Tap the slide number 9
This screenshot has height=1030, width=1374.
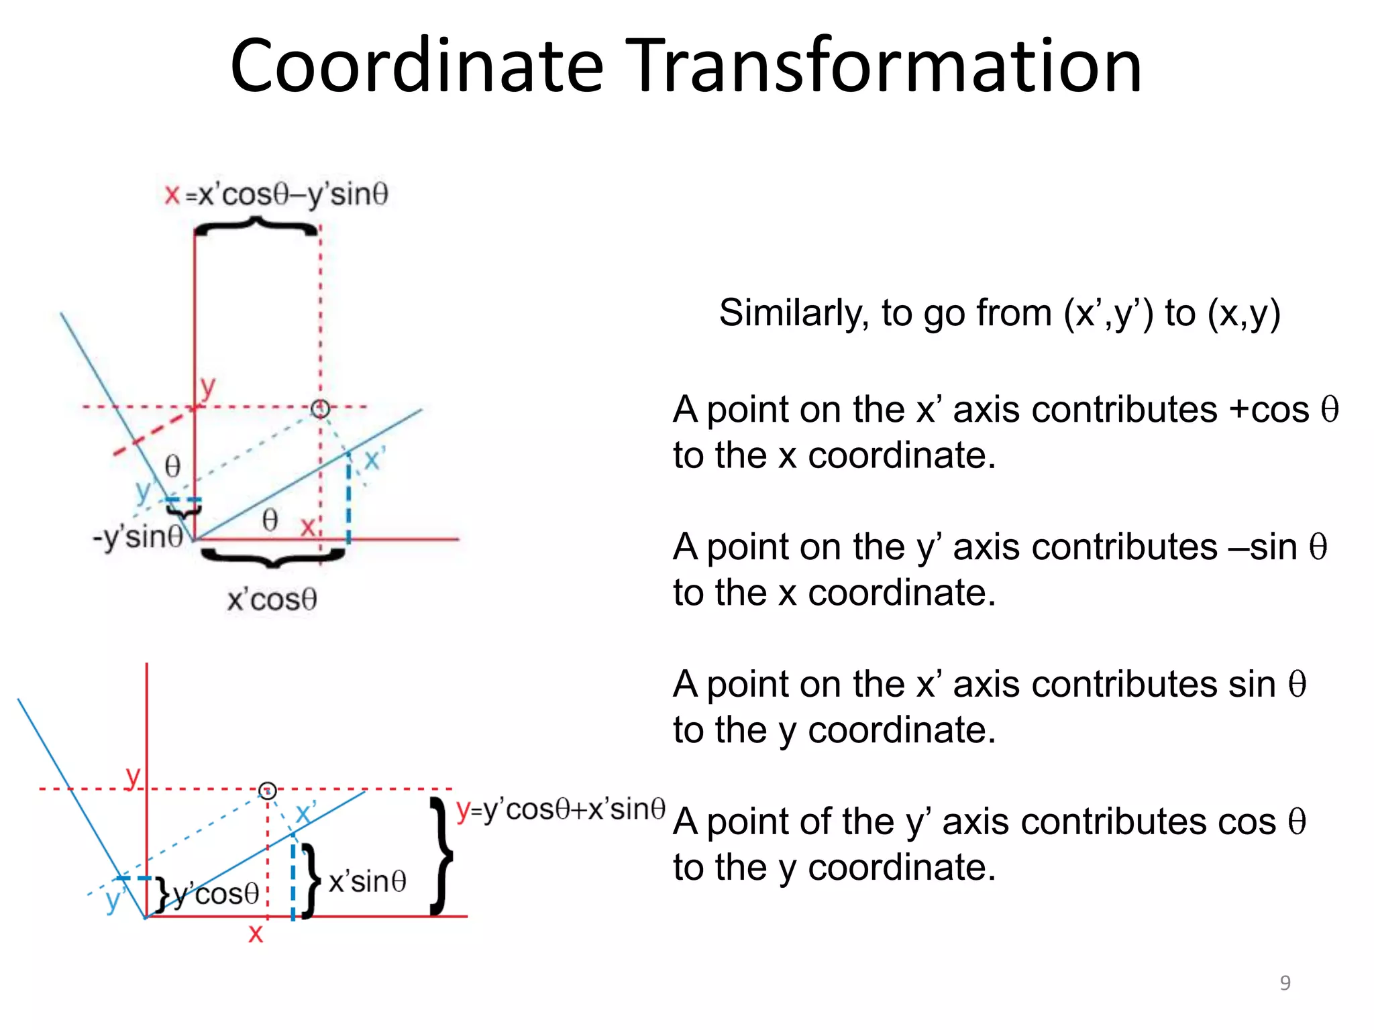tap(1285, 982)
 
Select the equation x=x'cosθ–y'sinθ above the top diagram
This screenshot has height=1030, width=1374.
tap(276, 194)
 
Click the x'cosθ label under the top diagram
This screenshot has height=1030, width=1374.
tap(272, 599)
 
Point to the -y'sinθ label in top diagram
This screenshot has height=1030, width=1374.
tap(138, 536)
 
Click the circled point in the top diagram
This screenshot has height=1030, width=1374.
tap(320, 408)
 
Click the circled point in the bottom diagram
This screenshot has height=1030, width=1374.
tap(268, 791)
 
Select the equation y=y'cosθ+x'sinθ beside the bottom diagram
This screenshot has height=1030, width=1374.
tap(560, 809)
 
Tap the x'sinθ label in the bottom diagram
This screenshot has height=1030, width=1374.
tap(367, 881)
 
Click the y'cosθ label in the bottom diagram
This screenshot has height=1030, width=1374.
tap(216, 893)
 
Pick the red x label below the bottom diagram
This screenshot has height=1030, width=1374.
tap(256, 933)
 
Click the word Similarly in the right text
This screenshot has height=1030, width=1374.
tap(794, 312)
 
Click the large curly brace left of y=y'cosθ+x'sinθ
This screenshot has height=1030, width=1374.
tap(441, 856)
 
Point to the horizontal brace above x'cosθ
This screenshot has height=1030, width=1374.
tap(272, 556)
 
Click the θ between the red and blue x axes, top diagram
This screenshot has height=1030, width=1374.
tap(270, 520)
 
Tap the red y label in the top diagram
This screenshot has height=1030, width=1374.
tap(207, 387)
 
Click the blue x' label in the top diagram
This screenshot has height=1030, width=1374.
tap(374, 460)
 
